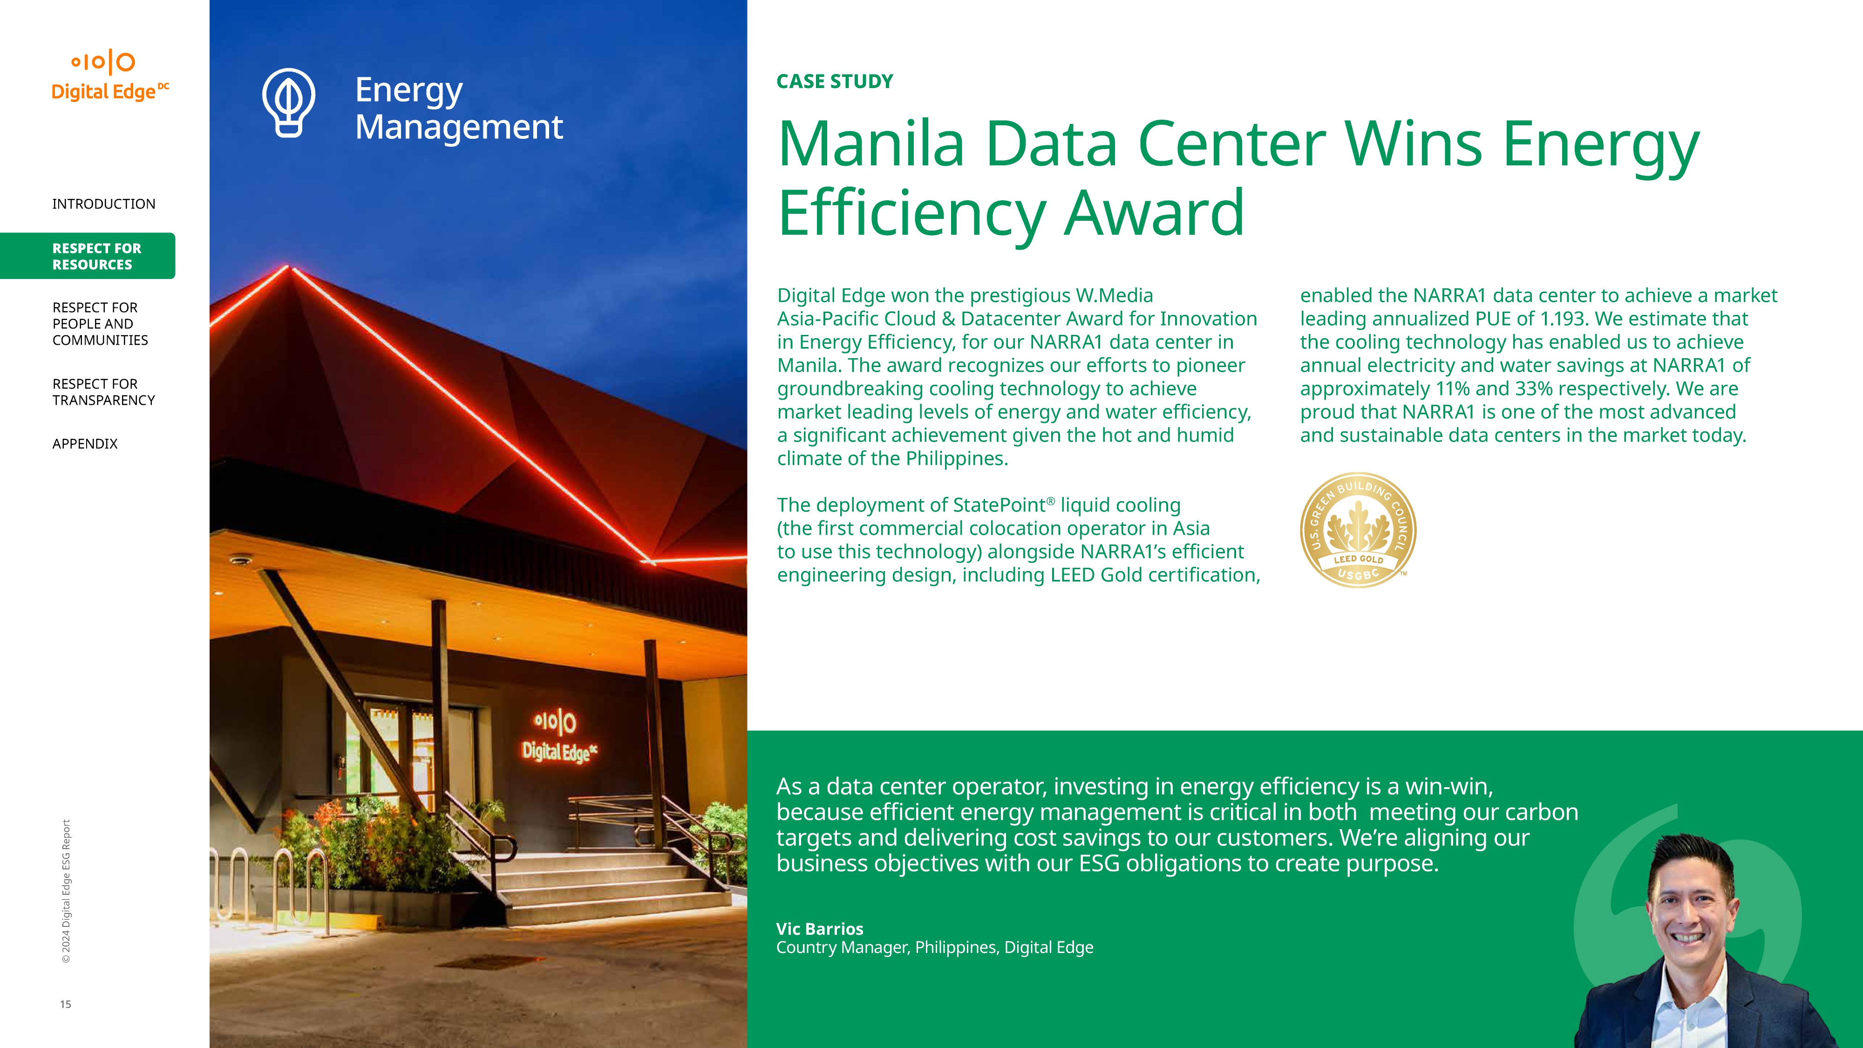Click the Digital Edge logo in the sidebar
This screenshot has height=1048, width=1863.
click(x=110, y=75)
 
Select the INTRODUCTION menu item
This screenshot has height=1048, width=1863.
click(x=103, y=204)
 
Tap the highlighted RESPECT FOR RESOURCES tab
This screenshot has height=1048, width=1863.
click(x=88, y=256)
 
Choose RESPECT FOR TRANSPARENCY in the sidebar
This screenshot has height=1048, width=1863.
click(x=103, y=392)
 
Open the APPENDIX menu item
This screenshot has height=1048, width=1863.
click(x=85, y=443)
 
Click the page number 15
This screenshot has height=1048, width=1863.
click(x=65, y=1004)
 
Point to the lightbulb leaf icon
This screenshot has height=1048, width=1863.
click(x=289, y=102)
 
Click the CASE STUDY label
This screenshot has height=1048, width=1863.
click(x=835, y=82)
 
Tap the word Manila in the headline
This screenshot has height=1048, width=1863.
click(x=871, y=144)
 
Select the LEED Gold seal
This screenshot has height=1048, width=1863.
click(x=1358, y=530)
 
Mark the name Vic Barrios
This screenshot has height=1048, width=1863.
click(x=819, y=929)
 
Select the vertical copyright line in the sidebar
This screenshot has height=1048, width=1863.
click(x=66, y=891)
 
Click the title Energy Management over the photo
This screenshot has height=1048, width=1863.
click(x=458, y=109)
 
